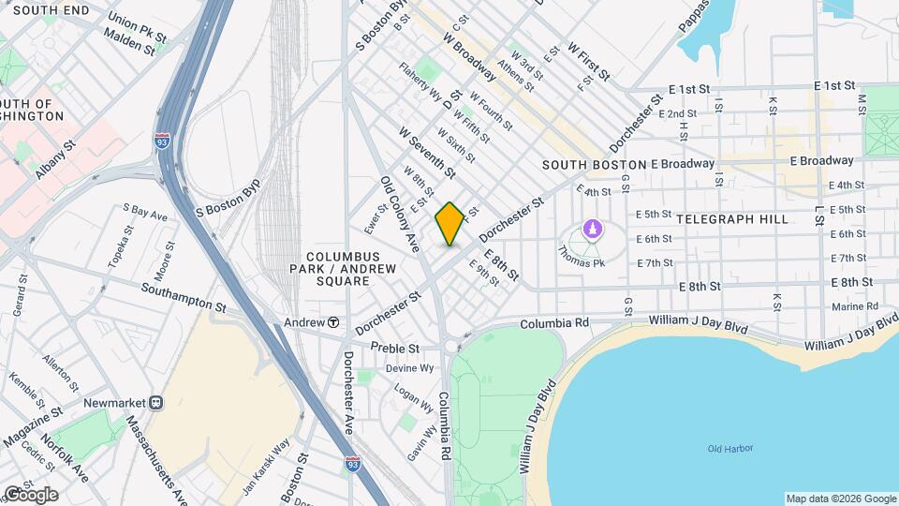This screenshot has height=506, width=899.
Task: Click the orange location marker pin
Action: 449,223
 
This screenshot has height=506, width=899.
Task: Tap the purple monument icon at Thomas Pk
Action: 592,228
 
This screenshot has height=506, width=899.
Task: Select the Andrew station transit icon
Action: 333,323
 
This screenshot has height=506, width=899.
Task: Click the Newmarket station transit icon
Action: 156,402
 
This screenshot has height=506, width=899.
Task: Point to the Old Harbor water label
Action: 730,449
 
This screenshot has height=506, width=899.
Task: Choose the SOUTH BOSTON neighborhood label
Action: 588,165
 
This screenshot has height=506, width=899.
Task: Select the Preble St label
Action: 392,347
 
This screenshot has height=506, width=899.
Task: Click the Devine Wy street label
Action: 413,368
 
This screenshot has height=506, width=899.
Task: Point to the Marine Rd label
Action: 854,306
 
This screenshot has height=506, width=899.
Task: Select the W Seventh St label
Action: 426,153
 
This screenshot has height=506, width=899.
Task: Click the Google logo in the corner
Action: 31,494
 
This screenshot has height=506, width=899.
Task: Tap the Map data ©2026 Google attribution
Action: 840,499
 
